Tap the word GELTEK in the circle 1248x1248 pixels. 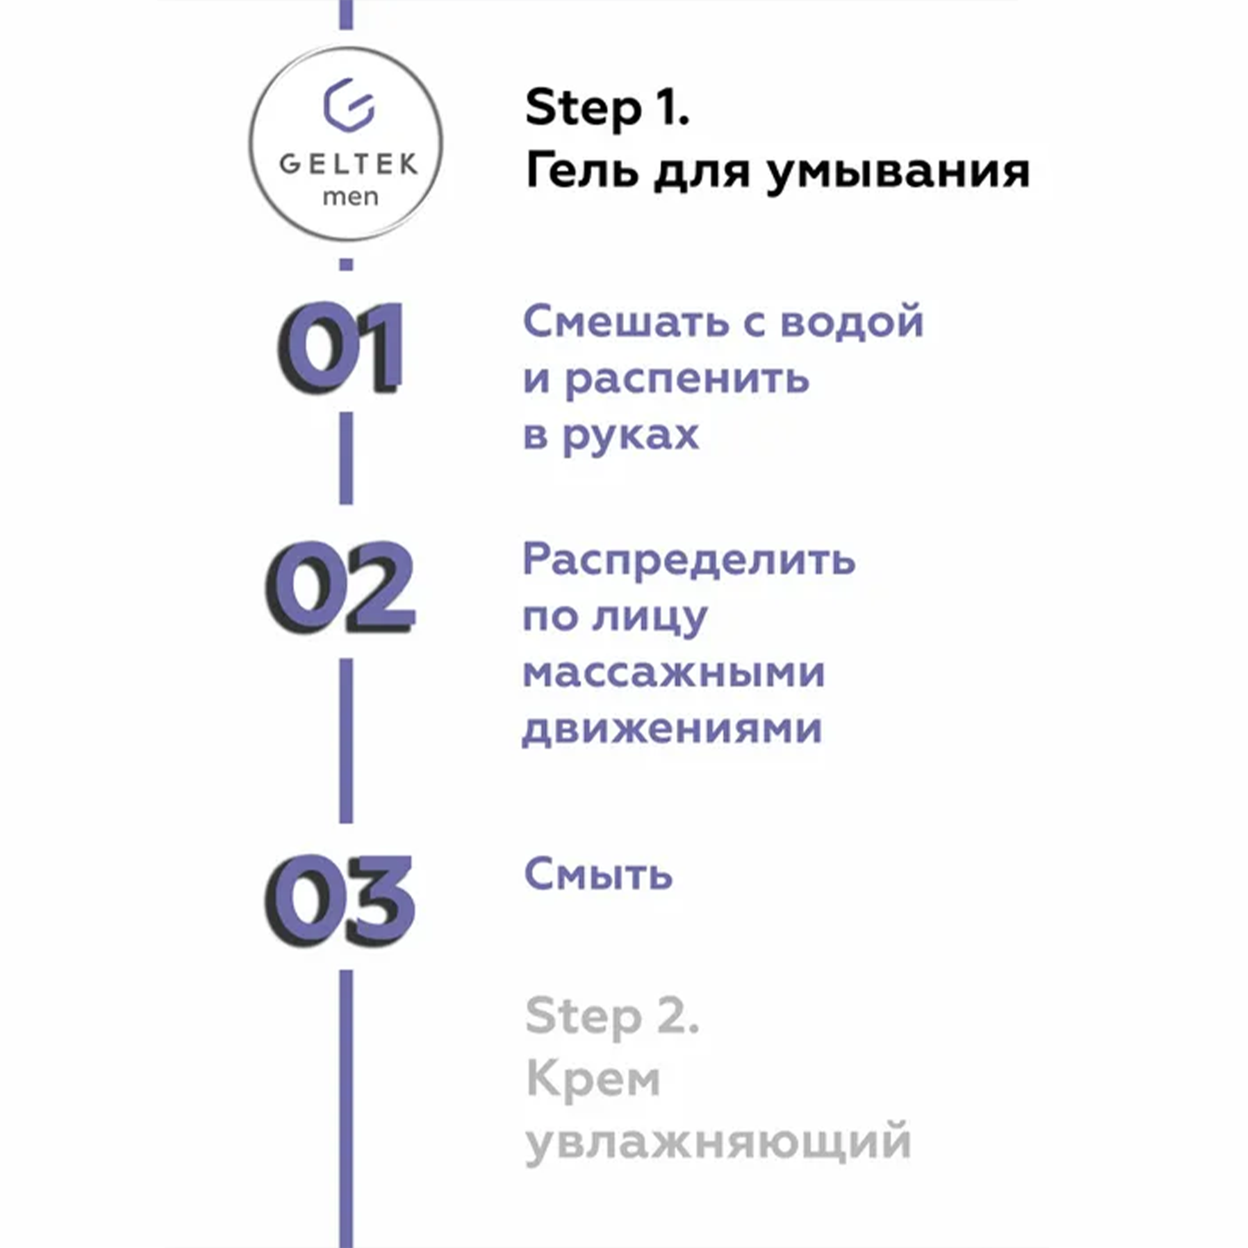(348, 164)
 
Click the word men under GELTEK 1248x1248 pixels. (350, 197)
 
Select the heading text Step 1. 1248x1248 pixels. (607, 109)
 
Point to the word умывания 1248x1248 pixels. (898, 173)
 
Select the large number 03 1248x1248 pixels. (340, 900)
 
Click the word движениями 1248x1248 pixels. (672, 729)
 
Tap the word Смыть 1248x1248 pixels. (598, 875)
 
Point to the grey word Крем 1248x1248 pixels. (593, 1078)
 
